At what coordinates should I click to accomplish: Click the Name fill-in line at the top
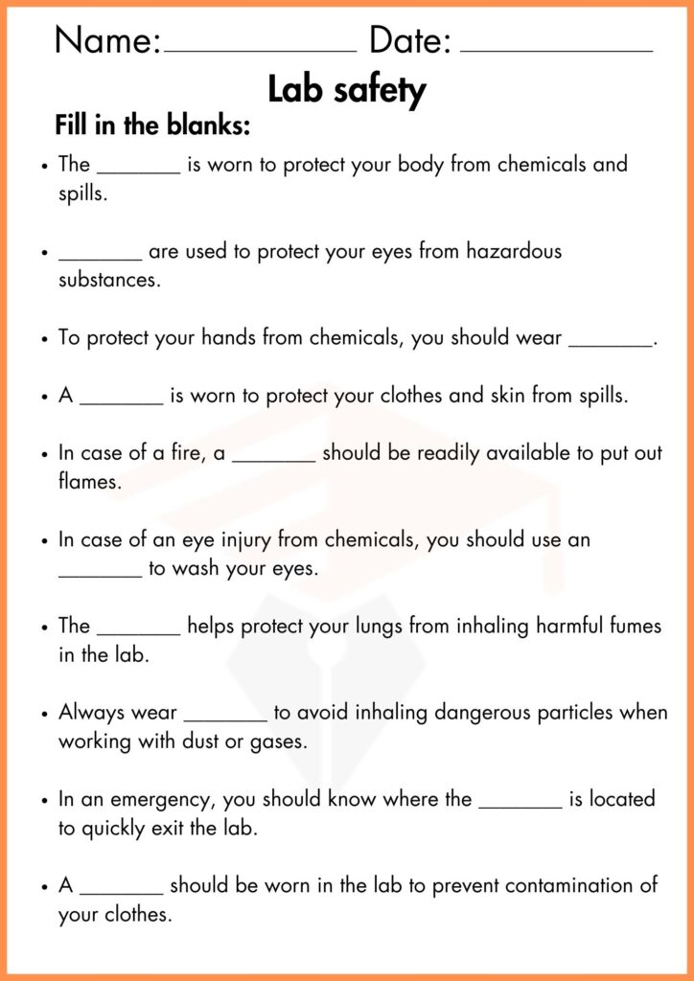tap(260, 48)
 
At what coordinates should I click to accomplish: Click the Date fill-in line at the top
tap(556, 48)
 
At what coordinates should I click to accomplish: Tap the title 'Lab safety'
tap(346, 91)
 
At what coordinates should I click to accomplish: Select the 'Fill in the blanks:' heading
tap(152, 125)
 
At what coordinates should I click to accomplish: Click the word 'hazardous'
tap(514, 252)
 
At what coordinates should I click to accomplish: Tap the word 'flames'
tap(90, 482)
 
